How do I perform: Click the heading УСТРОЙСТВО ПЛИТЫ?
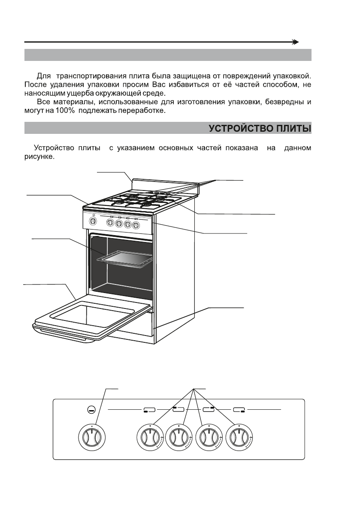(x=260, y=129)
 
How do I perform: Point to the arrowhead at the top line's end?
(x=295, y=42)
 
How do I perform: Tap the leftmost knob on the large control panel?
(x=93, y=439)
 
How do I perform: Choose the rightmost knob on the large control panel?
(x=238, y=439)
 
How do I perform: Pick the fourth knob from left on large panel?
(x=209, y=439)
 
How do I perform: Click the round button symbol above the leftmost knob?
(x=91, y=410)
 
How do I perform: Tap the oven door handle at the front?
(x=64, y=335)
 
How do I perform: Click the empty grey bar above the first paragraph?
(x=167, y=55)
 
